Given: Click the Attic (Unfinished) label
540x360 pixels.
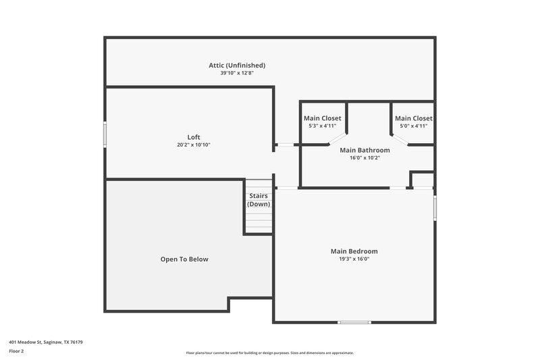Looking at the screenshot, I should click(237, 65).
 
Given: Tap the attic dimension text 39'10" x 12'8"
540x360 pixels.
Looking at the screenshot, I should click(237, 73).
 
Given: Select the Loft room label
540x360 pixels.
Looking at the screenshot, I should click(194, 137).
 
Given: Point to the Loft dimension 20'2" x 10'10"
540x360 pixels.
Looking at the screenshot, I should click(194, 145).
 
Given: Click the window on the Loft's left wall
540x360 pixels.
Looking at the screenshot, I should click(105, 133).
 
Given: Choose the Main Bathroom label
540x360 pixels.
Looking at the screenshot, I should click(364, 150).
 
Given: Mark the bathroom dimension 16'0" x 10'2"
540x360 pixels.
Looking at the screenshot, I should click(364, 158).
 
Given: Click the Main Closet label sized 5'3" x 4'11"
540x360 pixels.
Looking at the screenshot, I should click(322, 118).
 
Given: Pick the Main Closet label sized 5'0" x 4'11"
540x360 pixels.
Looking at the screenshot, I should click(413, 118).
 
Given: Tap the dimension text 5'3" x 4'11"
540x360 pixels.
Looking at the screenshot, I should click(322, 126).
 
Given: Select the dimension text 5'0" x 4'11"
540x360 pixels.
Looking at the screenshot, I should click(413, 126).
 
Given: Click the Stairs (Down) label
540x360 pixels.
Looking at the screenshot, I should click(259, 200).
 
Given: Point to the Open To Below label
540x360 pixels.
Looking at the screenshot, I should click(184, 259).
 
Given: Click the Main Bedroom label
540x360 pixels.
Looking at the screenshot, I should click(354, 251).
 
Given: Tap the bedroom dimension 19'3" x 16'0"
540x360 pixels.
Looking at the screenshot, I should click(354, 259).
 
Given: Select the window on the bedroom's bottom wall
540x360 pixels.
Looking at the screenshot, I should click(354, 322).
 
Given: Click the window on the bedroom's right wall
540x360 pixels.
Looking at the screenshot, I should click(435, 207).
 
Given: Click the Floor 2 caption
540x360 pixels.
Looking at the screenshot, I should click(16, 351).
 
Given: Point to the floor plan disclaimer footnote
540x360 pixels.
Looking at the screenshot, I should click(270, 353).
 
